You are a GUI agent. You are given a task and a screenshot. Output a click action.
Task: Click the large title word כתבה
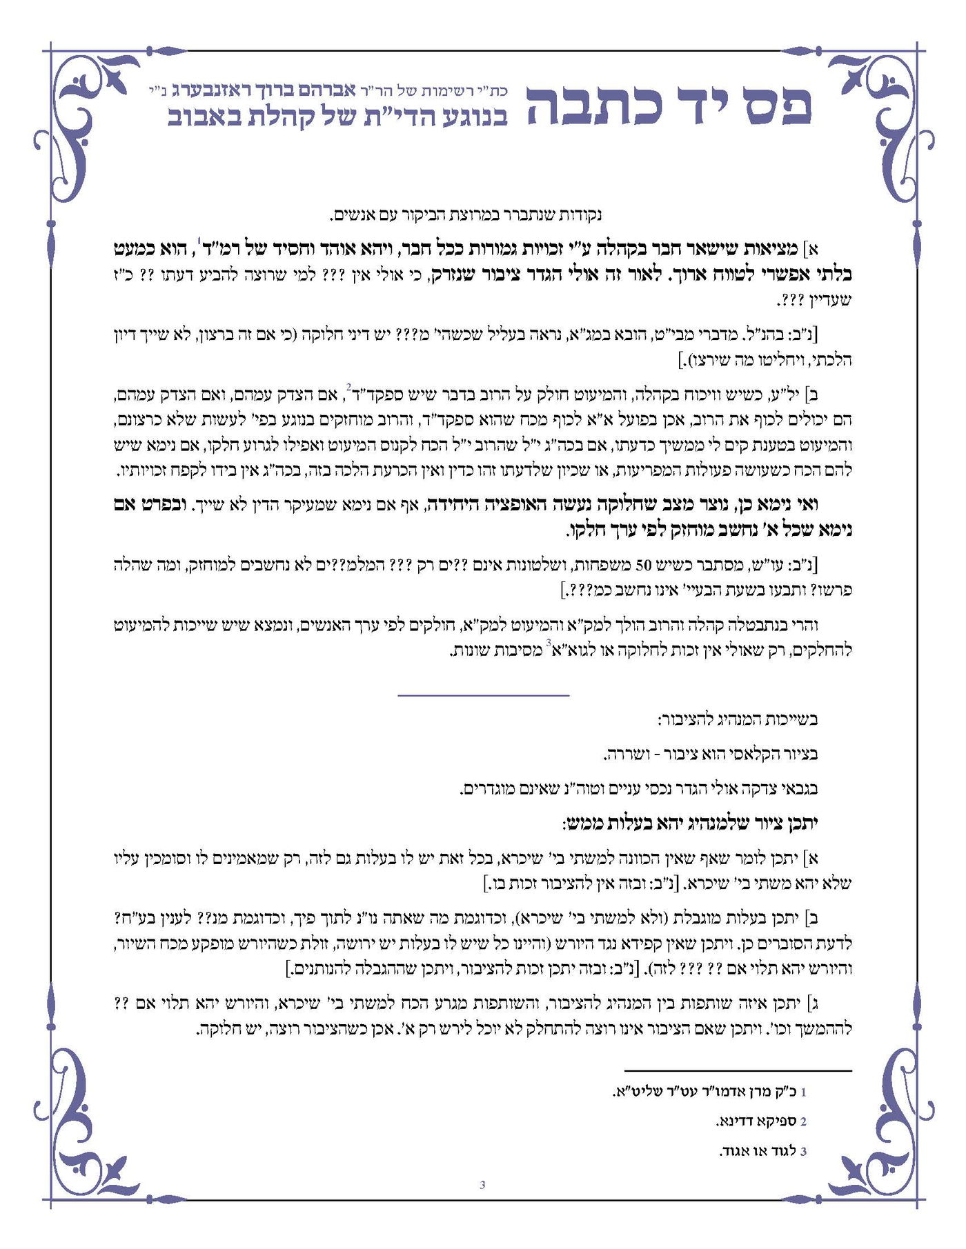coord(593,107)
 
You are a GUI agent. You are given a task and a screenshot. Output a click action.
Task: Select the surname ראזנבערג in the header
coord(214,90)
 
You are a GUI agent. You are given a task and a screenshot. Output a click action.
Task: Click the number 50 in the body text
coord(642,566)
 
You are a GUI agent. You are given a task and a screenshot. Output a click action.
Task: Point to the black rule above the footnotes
coord(738,1071)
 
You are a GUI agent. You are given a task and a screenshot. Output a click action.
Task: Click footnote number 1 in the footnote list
coord(803,1092)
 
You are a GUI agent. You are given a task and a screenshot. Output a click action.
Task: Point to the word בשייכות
coord(787,721)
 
